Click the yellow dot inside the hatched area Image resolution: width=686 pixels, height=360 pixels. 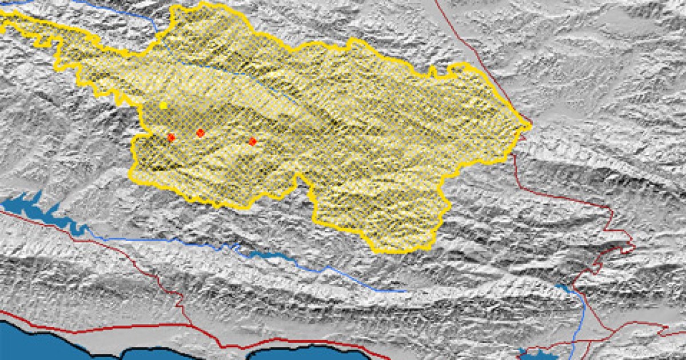click(163, 105)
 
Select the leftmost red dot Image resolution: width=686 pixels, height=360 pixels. click(171, 137)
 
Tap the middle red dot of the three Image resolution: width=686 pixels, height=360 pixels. click(200, 133)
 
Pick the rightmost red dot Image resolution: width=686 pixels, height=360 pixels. click(253, 141)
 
